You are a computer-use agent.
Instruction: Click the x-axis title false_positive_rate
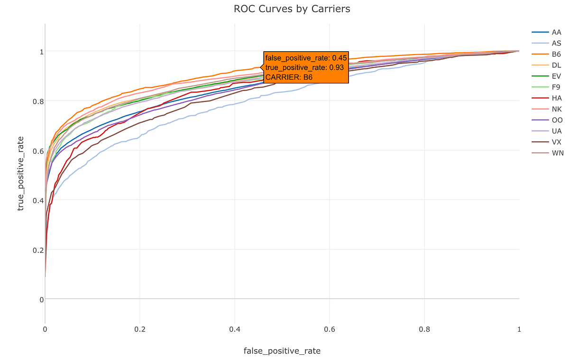[x=282, y=351]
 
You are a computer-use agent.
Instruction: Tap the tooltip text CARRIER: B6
[x=289, y=77]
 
